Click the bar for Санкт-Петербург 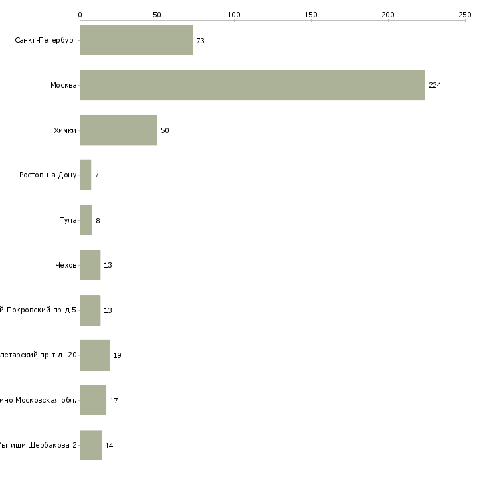click(x=136, y=40)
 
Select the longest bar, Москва click(x=252, y=85)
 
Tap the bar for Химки click(x=118, y=130)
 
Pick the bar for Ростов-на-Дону click(x=86, y=175)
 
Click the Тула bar click(x=86, y=221)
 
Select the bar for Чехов click(x=90, y=265)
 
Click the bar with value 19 click(x=95, y=355)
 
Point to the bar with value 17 click(x=93, y=401)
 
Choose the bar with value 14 click(x=91, y=445)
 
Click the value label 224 click(x=435, y=85)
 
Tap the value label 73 click(x=200, y=41)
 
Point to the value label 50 click(x=165, y=130)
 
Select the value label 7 click(x=96, y=175)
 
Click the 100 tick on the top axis click(x=234, y=14)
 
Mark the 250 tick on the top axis click(x=464, y=14)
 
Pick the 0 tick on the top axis click(x=80, y=14)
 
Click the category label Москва click(x=64, y=85)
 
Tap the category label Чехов click(x=66, y=265)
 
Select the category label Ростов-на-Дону click(x=48, y=175)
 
